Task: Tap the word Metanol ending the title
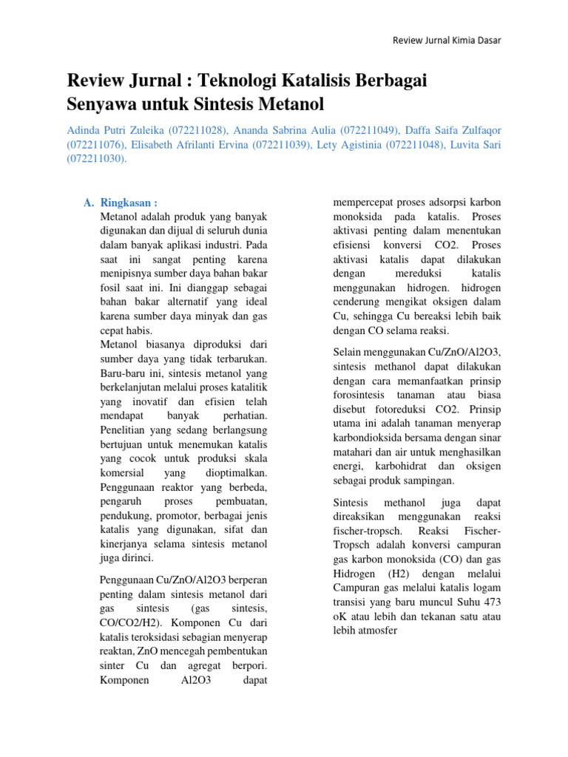coord(284,102)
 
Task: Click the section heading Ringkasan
coord(129,203)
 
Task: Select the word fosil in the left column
coord(112,288)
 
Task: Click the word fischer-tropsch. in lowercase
coord(368,532)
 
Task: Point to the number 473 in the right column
coord(490,602)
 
